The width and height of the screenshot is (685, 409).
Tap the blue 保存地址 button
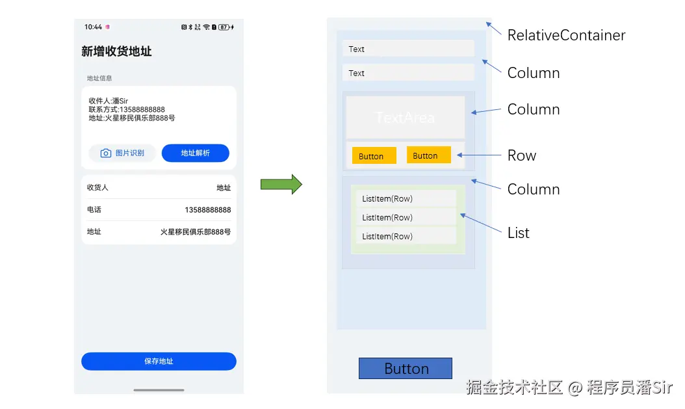click(159, 362)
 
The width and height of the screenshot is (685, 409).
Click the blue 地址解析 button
click(195, 153)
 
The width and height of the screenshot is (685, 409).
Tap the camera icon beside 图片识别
click(106, 153)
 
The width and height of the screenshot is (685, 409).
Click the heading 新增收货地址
click(116, 51)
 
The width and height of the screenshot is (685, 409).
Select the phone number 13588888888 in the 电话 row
click(208, 210)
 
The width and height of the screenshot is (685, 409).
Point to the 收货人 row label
click(97, 187)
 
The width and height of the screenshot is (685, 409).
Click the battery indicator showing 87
click(224, 27)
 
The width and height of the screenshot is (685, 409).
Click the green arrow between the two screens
click(281, 185)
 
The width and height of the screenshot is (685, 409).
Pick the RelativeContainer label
click(566, 35)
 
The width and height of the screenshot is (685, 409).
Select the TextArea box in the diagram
click(406, 117)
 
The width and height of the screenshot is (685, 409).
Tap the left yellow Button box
click(374, 155)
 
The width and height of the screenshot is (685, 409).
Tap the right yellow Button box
click(428, 155)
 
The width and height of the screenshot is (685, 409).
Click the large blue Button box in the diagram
click(406, 369)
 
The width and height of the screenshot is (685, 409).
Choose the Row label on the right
click(522, 155)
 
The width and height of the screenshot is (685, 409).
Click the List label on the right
click(519, 233)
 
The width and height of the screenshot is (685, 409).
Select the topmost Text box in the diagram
click(408, 49)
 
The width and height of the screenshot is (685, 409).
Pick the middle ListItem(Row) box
click(406, 217)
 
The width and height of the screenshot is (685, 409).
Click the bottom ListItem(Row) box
click(406, 236)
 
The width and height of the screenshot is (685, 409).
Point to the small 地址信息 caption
click(99, 78)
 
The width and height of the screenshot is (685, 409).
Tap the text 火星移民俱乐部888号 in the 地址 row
click(195, 231)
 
